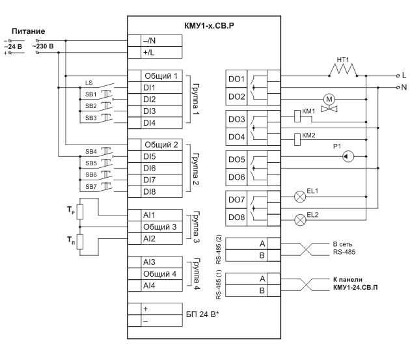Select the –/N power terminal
pyautogui.click(x=159, y=40)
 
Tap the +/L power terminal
pyautogui.click(x=159, y=52)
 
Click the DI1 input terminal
pyautogui.click(x=159, y=87)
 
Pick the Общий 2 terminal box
pyautogui.click(x=159, y=145)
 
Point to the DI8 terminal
pyautogui.click(x=159, y=191)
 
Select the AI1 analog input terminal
pyautogui.click(x=159, y=215)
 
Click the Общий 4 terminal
pyautogui.click(x=159, y=273)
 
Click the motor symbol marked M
pyautogui.click(x=329, y=98)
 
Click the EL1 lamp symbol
pyautogui.click(x=301, y=194)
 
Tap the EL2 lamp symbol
pyautogui.click(x=301, y=219)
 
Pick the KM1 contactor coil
pyautogui.click(x=297, y=116)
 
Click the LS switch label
pyautogui.click(x=89, y=83)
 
